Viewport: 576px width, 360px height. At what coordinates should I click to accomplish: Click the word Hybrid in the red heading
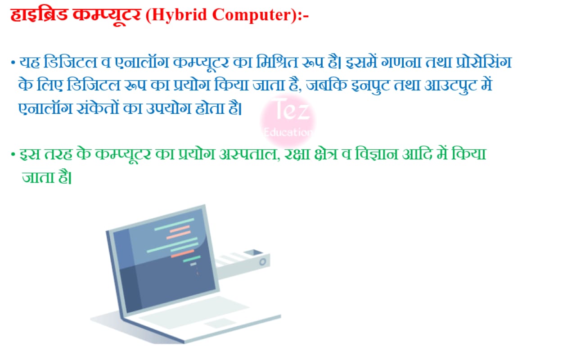pyautogui.click(x=180, y=15)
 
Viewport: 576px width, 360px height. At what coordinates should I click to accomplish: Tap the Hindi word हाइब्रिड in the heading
pyautogui.click(x=39, y=14)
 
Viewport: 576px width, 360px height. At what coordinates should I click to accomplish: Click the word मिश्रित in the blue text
pyautogui.click(x=277, y=62)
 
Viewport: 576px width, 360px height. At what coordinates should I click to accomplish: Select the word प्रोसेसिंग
pyautogui.click(x=484, y=62)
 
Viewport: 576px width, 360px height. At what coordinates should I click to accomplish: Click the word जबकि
pyautogui.click(x=327, y=85)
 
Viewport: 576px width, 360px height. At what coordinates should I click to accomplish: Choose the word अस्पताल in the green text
pyautogui.click(x=249, y=155)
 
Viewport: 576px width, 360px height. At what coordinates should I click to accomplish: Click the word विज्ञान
pyautogui.click(x=377, y=154)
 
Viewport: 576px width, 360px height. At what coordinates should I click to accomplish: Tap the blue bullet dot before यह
pyautogui.click(x=13, y=63)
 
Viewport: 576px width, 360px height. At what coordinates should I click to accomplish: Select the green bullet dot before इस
pyautogui.click(x=13, y=155)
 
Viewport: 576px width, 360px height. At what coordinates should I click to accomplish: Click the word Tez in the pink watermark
pyautogui.click(x=291, y=109)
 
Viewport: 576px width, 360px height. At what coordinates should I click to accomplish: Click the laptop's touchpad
pyautogui.click(x=220, y=323)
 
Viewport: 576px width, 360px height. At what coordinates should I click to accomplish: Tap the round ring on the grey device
pyautogui.click(x=262, y=262)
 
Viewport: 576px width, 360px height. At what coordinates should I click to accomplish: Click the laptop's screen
pyautogui.click(x=165, y=260)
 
